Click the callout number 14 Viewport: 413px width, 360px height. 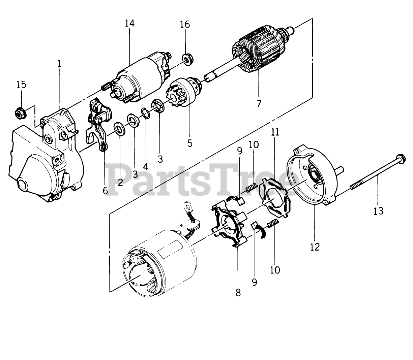click(x=129, y=23)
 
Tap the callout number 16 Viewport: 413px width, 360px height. click(x=185, y=25)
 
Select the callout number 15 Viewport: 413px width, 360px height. click(x=21, y=84)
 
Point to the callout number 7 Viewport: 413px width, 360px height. click(x=259, y=103)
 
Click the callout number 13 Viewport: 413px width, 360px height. click(x=378, y=211)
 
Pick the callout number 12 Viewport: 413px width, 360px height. click(x=315, y=247)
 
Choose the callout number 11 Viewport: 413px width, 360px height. click(x=275, y=132)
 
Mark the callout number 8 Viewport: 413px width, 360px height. click(x=238, y=293)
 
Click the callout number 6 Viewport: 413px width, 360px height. click(x=105, y=191)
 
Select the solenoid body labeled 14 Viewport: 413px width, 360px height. click(x=135, y=79)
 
